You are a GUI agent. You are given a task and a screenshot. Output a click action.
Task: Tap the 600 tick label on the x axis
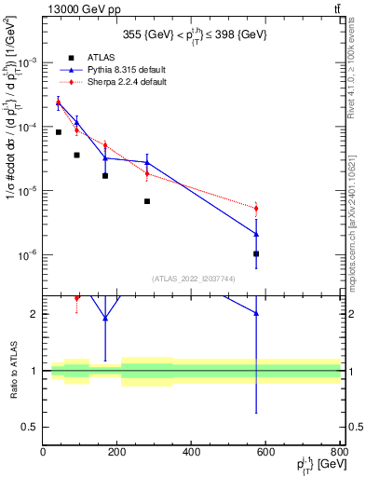(x=265, y=453)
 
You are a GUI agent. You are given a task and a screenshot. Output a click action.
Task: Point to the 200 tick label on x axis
(x=117, y=453)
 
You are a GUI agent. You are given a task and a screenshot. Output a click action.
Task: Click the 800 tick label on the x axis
(x=339, y=453)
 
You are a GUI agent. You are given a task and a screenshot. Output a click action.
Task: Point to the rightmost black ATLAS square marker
(x=256, y=253)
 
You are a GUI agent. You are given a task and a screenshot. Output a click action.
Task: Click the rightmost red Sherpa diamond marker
(x=256, y=208)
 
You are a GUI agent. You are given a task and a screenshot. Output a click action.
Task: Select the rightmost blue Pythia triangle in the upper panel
(x=256, y=234)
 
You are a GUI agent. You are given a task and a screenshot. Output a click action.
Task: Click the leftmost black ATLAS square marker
(x=58, y=132)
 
